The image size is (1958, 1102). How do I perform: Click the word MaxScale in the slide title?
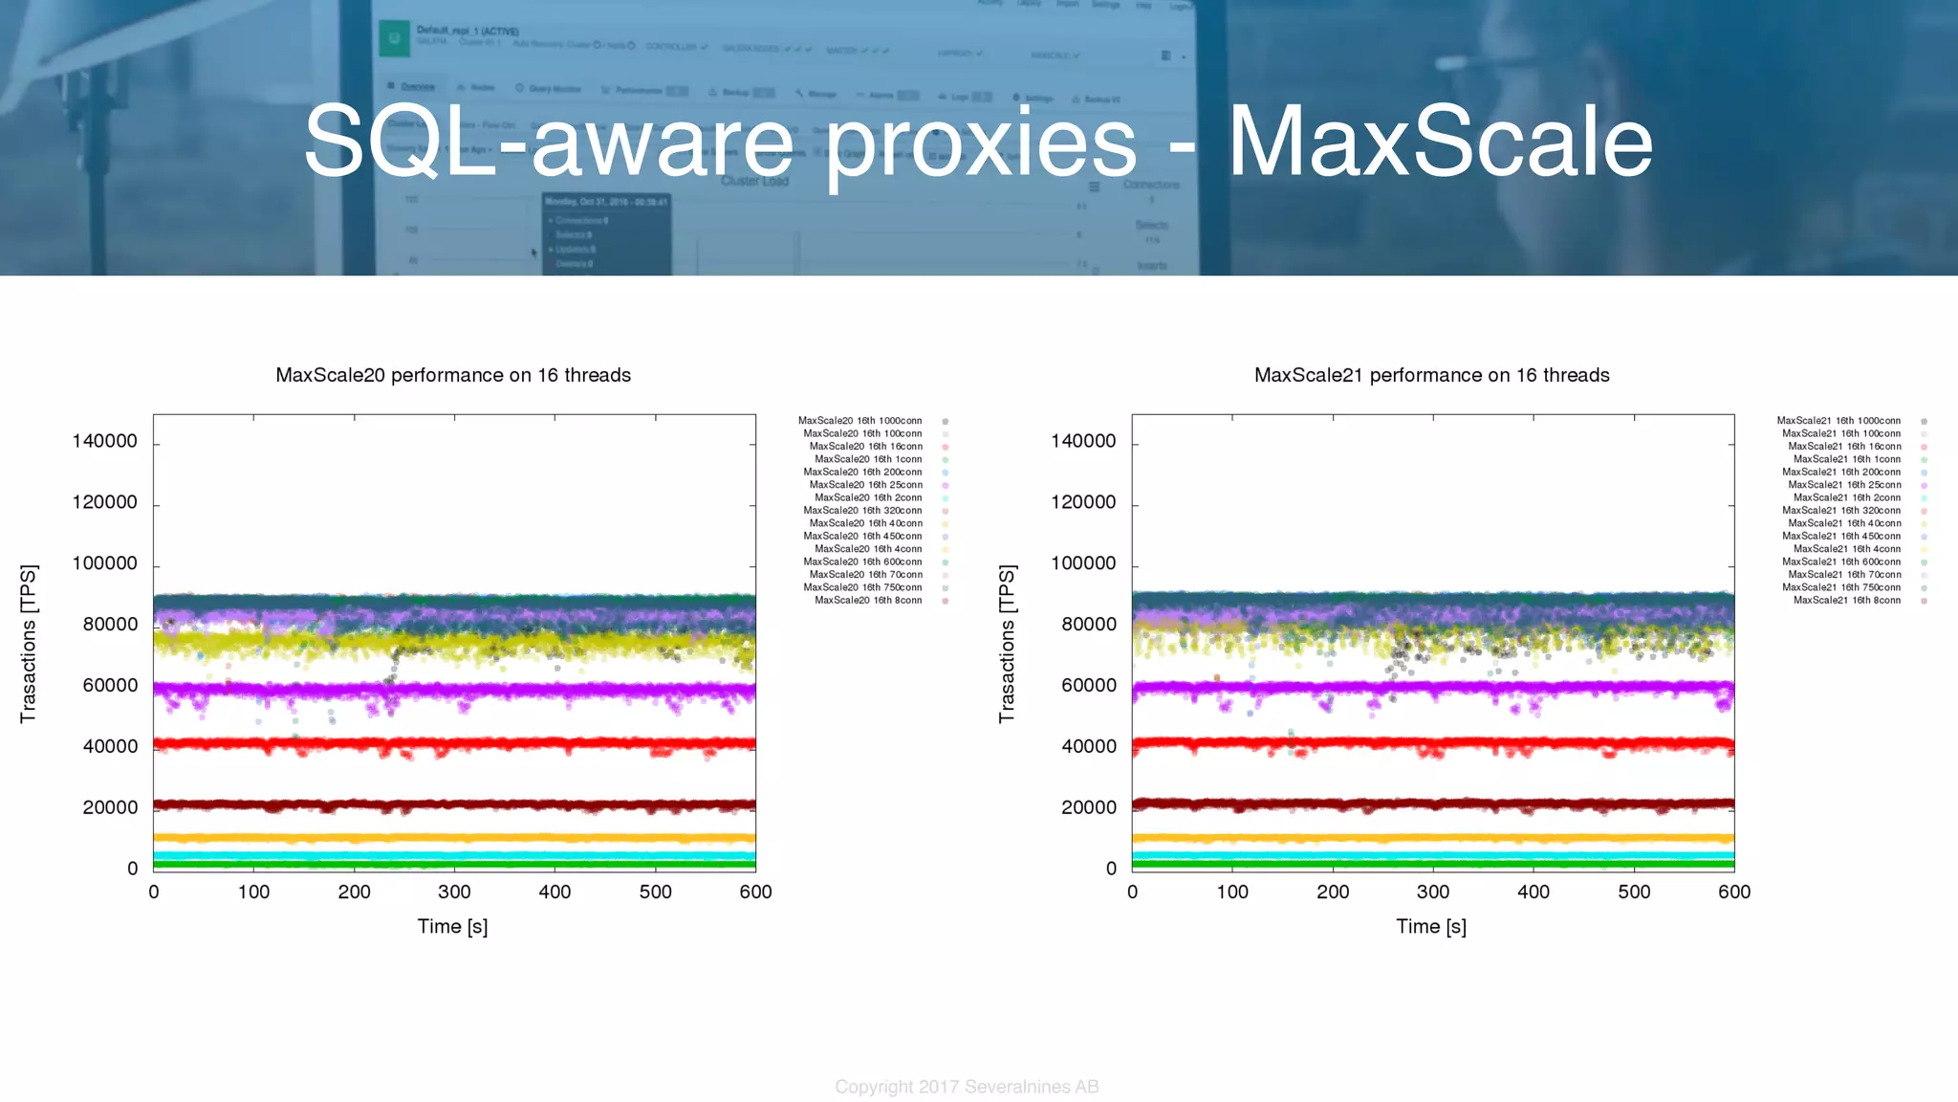[1440, 142]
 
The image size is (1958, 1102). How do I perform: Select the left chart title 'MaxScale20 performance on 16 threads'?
[453, 375]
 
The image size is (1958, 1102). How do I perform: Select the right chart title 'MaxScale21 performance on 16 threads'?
[1431, 375]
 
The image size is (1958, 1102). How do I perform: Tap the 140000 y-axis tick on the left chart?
[105, 441]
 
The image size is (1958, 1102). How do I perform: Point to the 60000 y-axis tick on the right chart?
[1088, 685]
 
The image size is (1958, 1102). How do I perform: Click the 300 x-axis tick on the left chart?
[454, 892]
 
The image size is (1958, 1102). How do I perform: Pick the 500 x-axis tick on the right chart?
[1634, 892]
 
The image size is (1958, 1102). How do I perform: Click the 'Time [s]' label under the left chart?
[452, 926]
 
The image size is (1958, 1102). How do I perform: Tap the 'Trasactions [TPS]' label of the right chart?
[1006, 643]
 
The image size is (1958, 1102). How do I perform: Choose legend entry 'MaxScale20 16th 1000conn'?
[860, 421]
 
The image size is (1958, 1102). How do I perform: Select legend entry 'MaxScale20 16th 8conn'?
[868, 601]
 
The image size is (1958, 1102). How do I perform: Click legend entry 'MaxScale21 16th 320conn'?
[1841, 511]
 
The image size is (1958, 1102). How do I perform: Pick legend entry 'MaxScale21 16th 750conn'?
[1841, 587]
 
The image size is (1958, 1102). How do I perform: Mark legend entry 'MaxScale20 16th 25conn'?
[866, 485]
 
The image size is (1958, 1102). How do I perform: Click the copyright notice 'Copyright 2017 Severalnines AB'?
[967, 1087]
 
